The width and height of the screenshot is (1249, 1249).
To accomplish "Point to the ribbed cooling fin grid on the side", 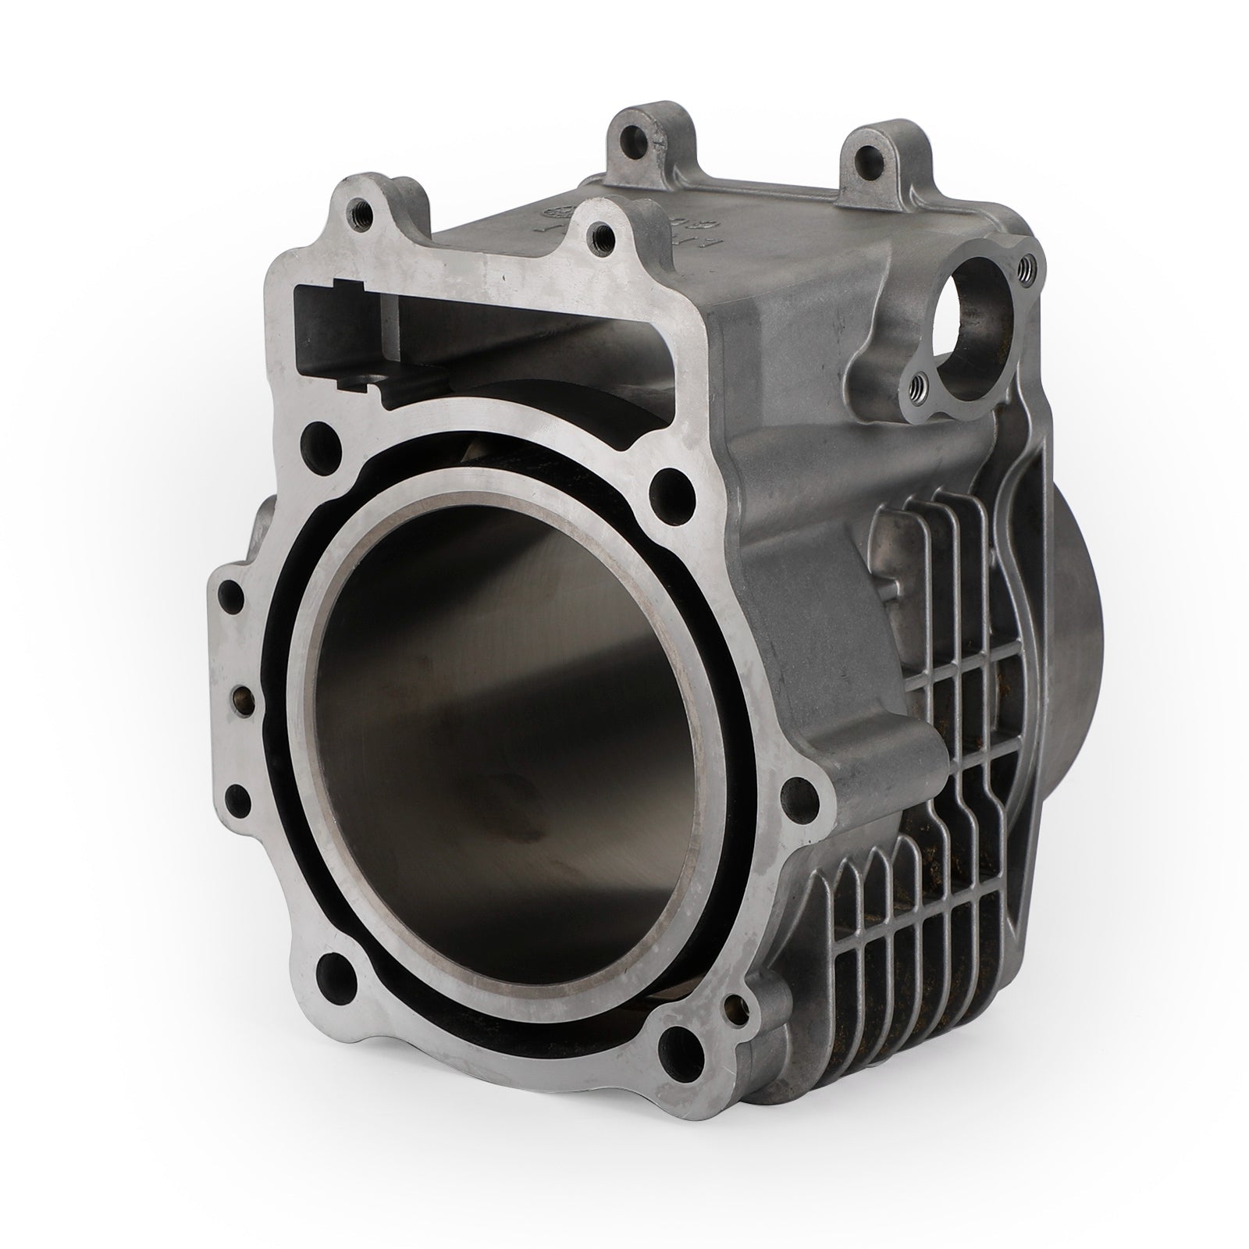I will pos(937,781).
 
